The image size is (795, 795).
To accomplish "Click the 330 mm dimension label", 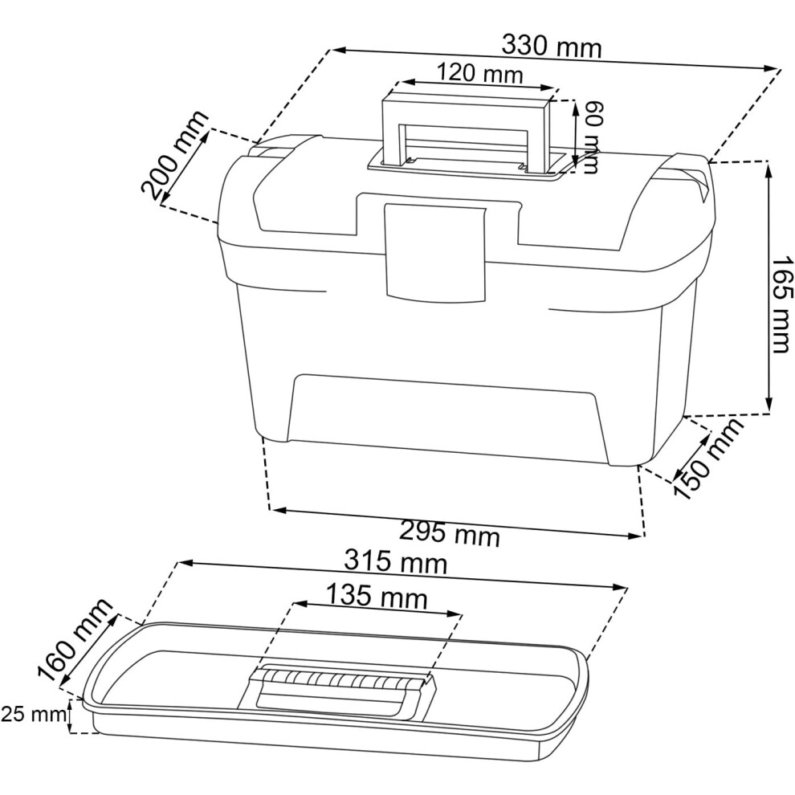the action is (552, 47).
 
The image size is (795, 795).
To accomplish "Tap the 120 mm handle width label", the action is (479, 74).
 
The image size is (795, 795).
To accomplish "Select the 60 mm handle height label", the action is (591, 137).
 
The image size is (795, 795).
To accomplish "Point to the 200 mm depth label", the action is (175, 155).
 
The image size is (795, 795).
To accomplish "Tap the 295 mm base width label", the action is (450, 533).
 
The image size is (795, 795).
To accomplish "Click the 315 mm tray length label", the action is (396, 562).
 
